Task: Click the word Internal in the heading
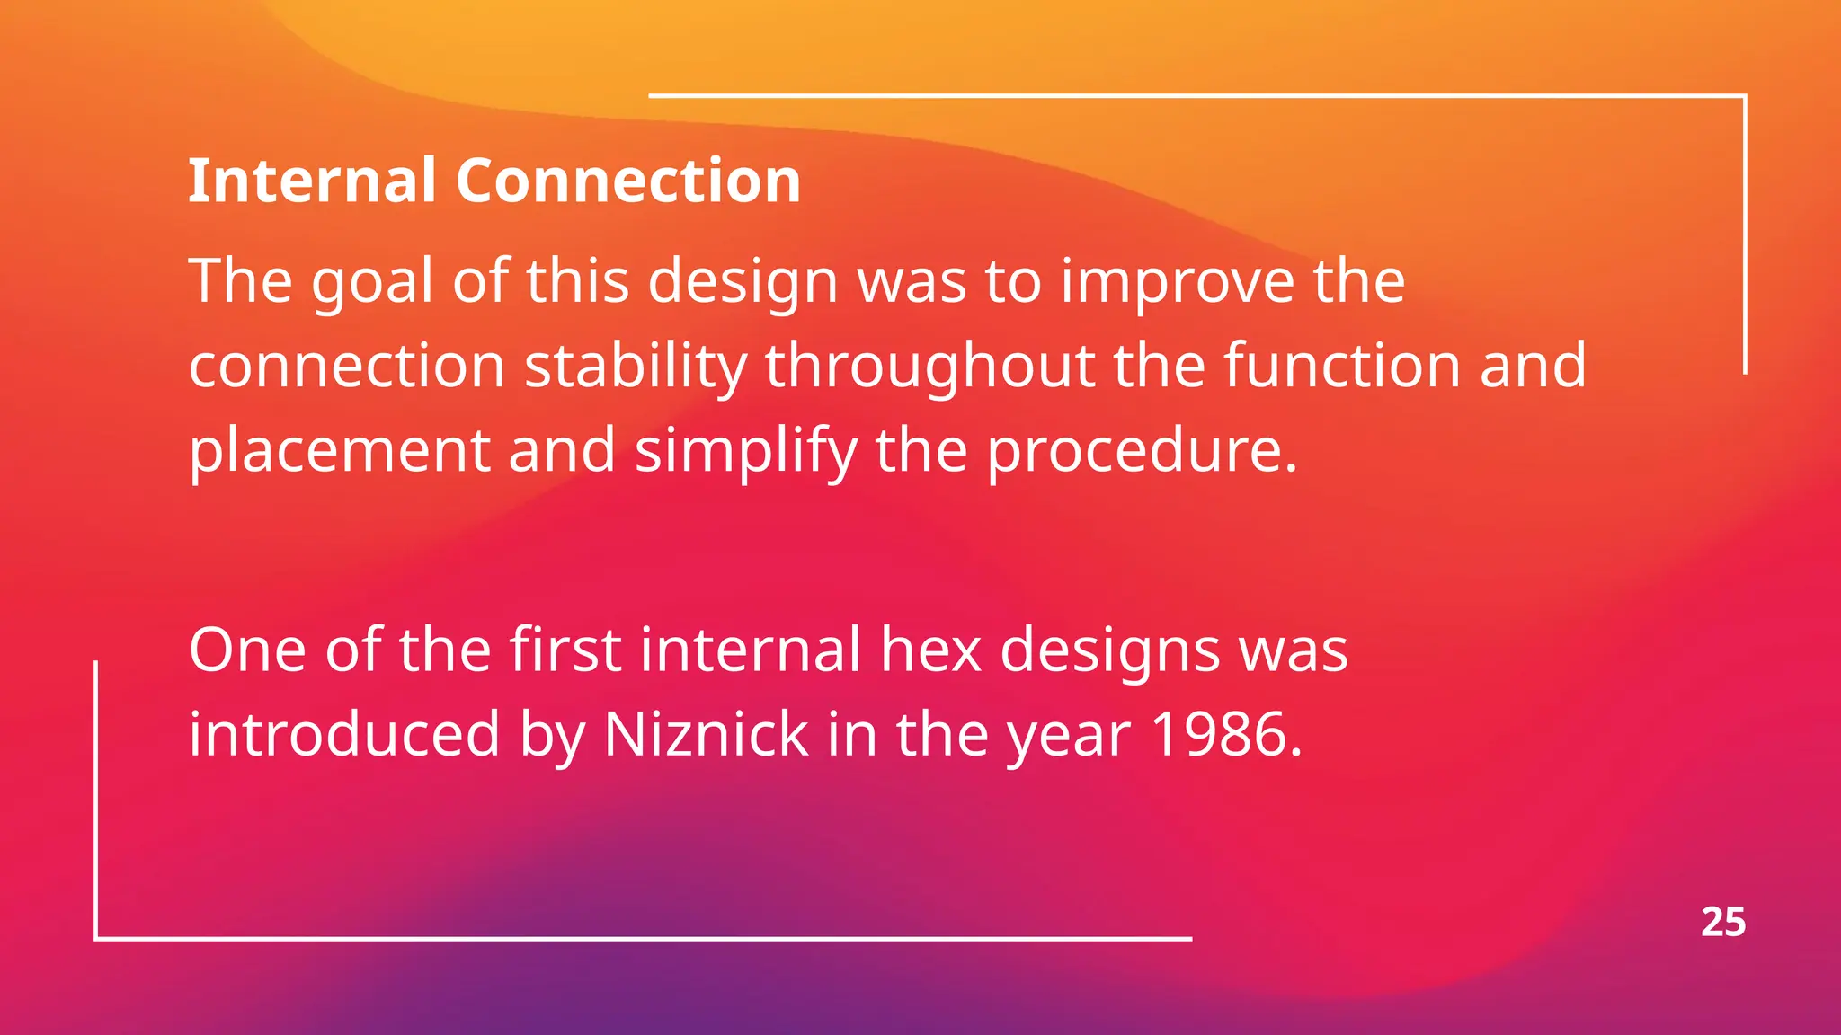pyautogui.click(x=311, y=181)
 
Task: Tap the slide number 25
pyautogui.click(x=1722, y=923)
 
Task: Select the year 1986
pyautogui.click(x=1225, y=735)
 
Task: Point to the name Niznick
pyautogui.click(x=706, y=735)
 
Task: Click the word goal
pyautogui.click(x=372, y=282)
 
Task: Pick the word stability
pyautogui.click(x=635, y=367)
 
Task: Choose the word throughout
pyautogui.click(x=929, y=367)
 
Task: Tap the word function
pyautogui.click(x=1341, y=367)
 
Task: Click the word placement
pyautogui.click(x=339, y=451)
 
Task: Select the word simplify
pyautogui.click(x=745, y=451)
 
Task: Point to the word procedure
pyautogui.click(x=1142, y=451)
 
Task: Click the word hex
pyautogui.click(x=930, y=650)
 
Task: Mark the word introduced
pyautogui.click(x=343, y=735)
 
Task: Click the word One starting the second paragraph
pyautogui.click(x=247, y=650)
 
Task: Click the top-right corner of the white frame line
pyautogui.click(x=1744, y=95)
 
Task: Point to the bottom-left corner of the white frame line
pyautogui.click(x=96, y=938)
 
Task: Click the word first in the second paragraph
pyautogui.click(x=565, y=650)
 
